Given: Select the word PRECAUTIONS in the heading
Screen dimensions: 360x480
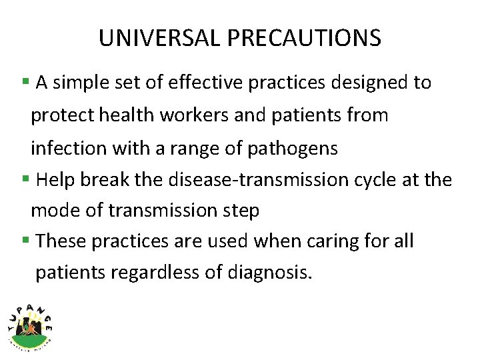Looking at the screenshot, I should click(x=304, y=38).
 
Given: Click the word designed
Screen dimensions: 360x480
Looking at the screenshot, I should click(x=351, y=83).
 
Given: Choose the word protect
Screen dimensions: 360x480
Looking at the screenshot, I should click(x=63, y=115).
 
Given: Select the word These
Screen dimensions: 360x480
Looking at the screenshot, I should click(x=58, y=241).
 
